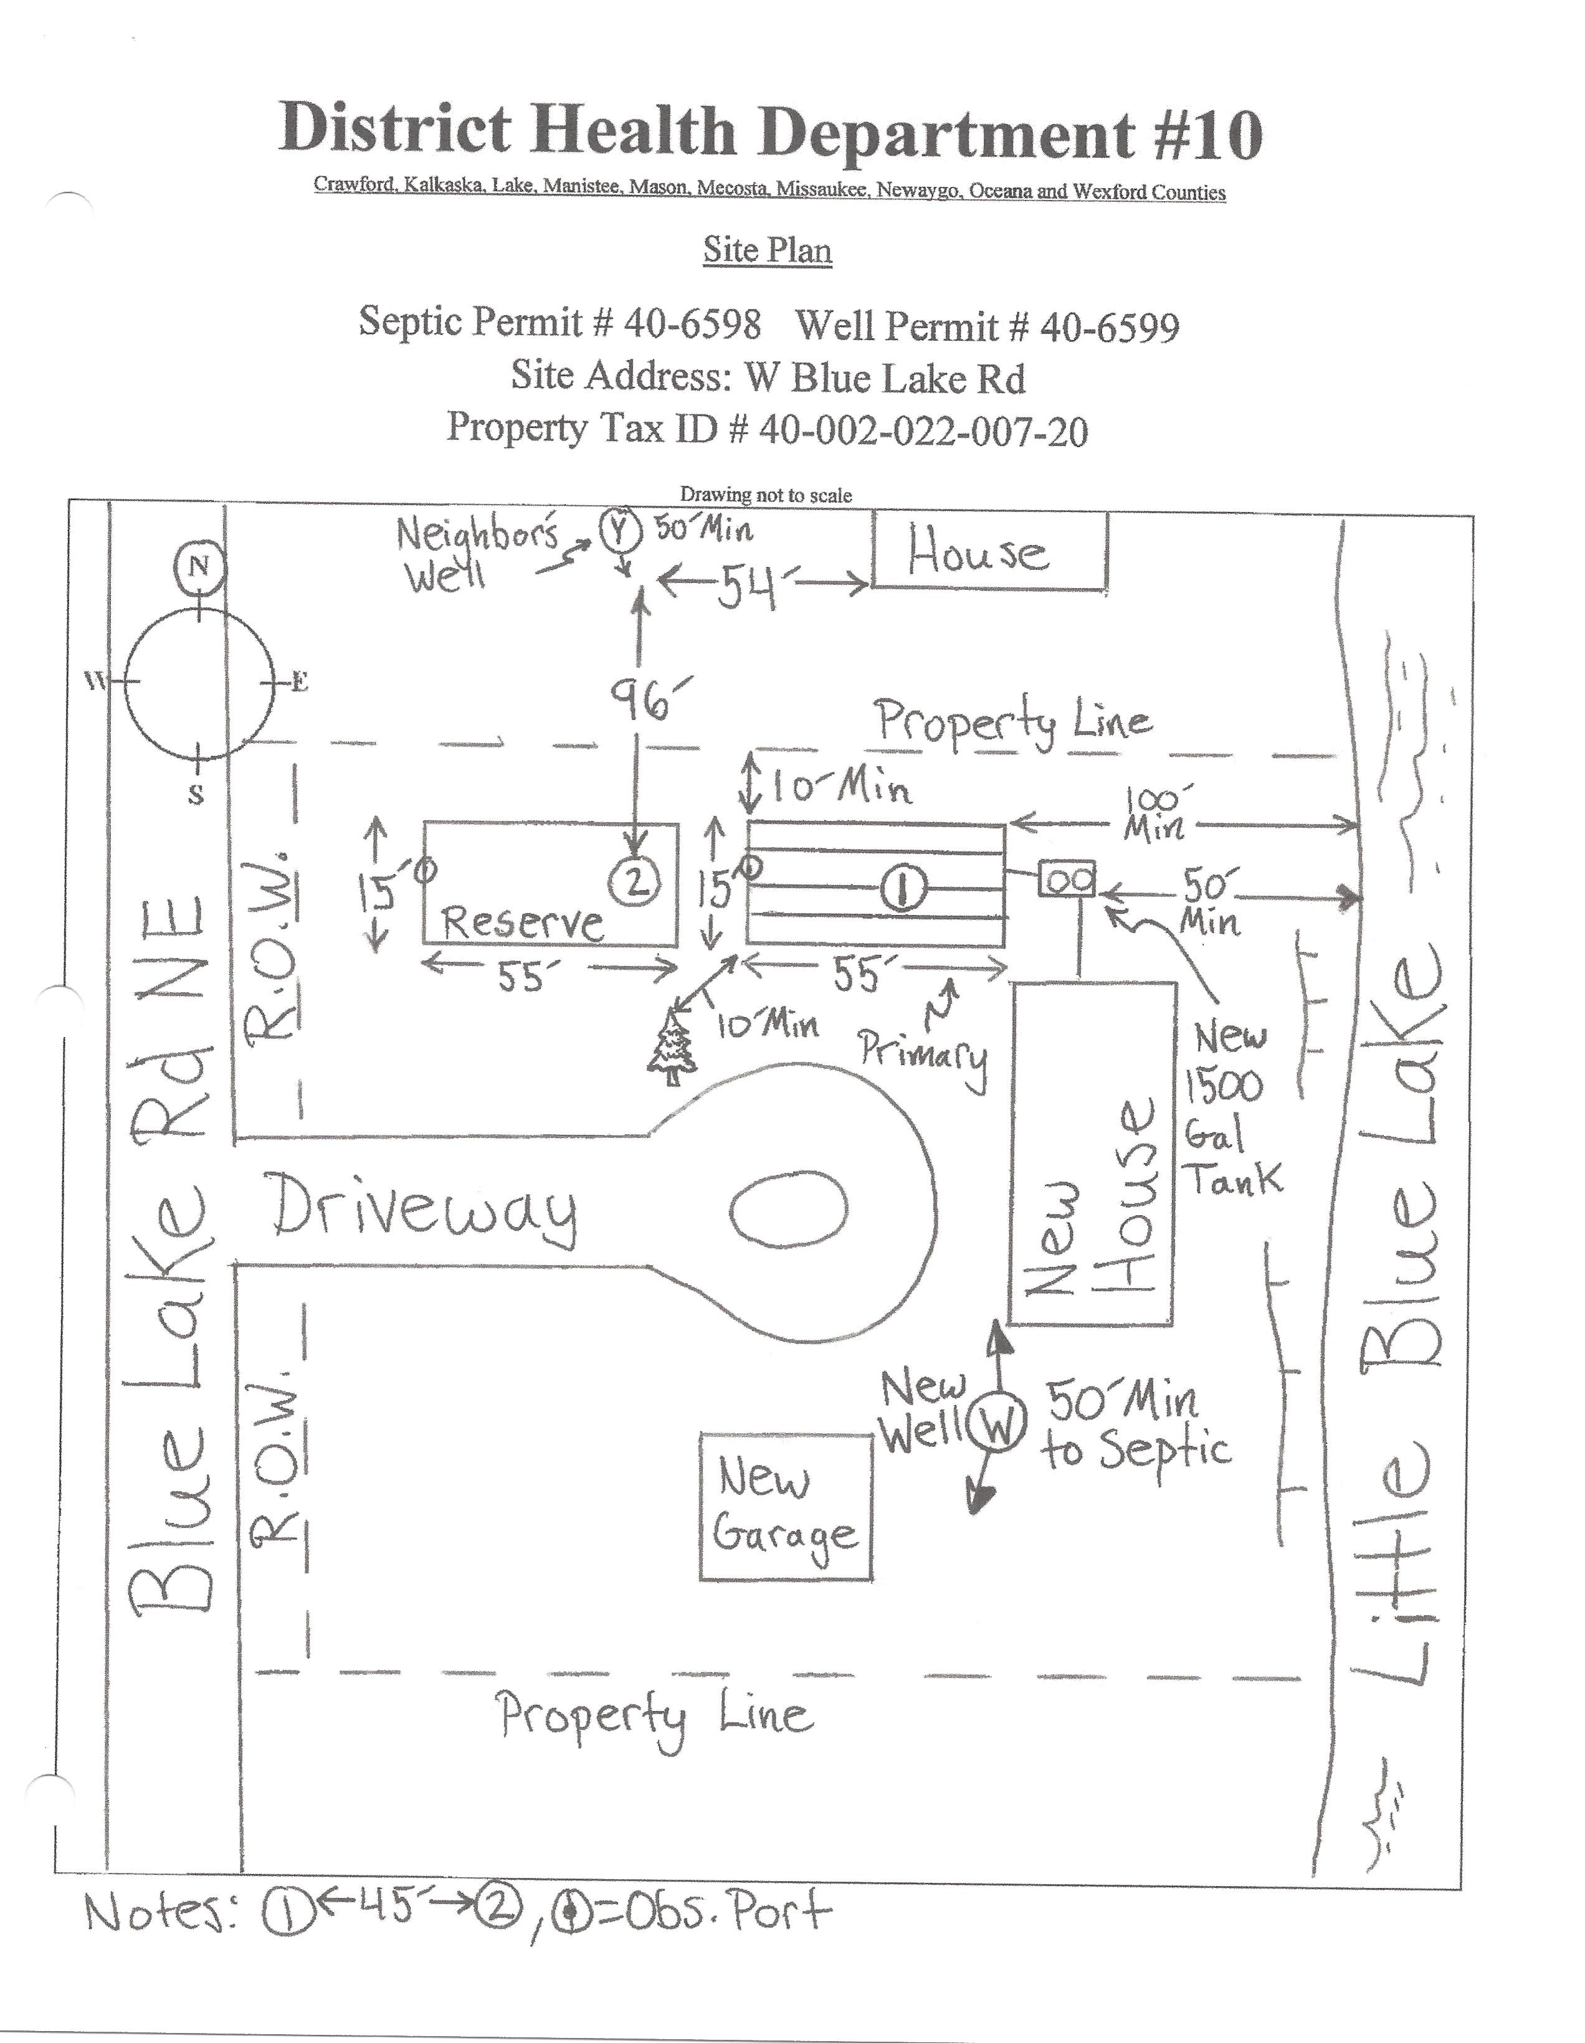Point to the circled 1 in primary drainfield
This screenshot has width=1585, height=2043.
pos(903,887)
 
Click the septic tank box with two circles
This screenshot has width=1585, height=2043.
pos(1067,879)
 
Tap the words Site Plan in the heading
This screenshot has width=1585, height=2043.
pos(767,250)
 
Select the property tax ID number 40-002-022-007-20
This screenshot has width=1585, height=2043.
pos(923,430)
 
